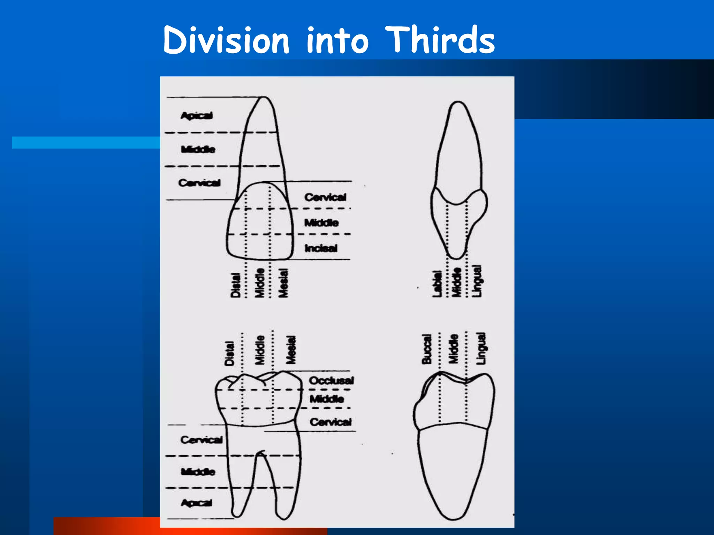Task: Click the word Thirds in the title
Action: (x=440, y=40)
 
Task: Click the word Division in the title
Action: (x=226, y=40)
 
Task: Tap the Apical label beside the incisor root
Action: (x=197, y=115)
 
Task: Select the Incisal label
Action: (x=321, y=248)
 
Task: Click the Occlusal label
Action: (x=331, y=380)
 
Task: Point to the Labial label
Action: (x=437, y=284)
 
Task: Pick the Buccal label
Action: (x=427, y=349)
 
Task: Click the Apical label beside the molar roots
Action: (x=197, y=503)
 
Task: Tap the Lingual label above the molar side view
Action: (x=481, y=348)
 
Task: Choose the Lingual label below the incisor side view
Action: (x=477, y=281)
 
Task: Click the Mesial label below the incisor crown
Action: (x=283, y=283)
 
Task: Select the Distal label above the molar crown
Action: (x=229, y=353)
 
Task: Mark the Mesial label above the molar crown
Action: (x=291, y=350)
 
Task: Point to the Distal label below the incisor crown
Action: (x=236, y=285)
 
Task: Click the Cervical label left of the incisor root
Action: (x=199, y=183)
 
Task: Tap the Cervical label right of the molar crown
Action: (x=331, y=422)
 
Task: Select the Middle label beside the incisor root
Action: (x=198, y=149)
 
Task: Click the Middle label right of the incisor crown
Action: (x=321, y=223)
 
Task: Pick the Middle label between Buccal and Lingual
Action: (x=453, y=349)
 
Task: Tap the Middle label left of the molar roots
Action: (x=198, y=472)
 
